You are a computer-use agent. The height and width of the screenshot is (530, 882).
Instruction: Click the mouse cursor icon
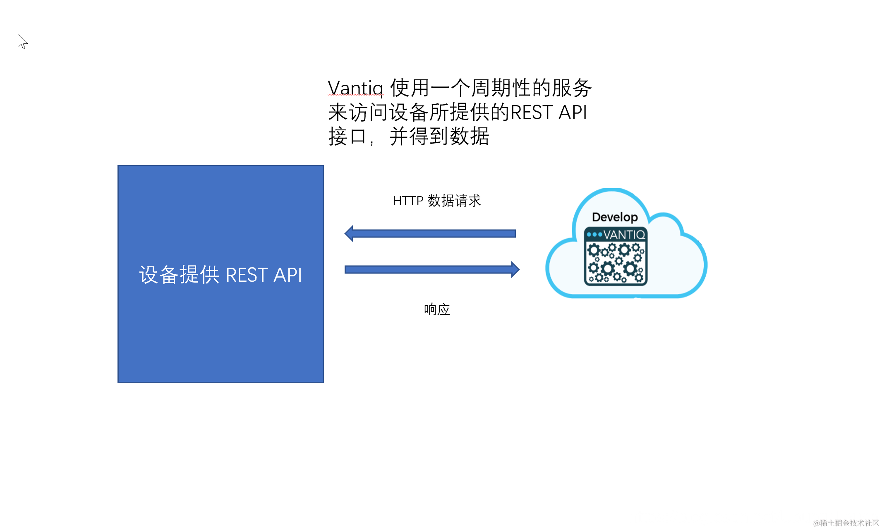click(x=22, y=41)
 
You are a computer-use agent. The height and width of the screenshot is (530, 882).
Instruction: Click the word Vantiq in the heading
click(x=355, y=88)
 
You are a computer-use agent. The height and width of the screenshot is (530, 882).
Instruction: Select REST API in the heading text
click(x=549, y=113)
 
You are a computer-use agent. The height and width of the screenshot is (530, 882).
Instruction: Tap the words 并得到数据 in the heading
click(x=439, y=137)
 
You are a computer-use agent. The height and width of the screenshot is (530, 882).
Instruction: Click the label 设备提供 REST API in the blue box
click(x=220, y=275)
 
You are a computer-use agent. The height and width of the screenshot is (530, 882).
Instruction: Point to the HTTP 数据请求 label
click(x=436, y=201)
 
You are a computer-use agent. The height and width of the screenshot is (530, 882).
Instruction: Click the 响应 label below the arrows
click(x=436, y=309)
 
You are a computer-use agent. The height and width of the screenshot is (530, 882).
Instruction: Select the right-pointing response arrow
click(x=430, y=270)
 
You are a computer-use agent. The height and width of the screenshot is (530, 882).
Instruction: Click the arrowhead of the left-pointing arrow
click(x=349, y=234)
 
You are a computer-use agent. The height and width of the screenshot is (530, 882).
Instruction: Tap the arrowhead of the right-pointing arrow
click(x=515, y=270)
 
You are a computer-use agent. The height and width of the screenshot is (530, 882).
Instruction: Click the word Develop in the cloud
click(x=615, y=217)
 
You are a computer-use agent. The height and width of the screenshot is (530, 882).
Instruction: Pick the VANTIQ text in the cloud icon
click(x=624, y=235)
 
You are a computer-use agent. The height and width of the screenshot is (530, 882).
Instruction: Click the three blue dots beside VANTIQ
click(x=594, y=235)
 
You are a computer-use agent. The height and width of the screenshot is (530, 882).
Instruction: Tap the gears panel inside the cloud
click(x=616, y=263)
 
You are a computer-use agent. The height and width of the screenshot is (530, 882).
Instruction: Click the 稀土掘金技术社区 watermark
click(x=846, y=523)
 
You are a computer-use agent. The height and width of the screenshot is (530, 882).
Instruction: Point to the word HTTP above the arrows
click(x=408, y=201)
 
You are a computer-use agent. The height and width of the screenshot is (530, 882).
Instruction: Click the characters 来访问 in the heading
click(x=358, y=113)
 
